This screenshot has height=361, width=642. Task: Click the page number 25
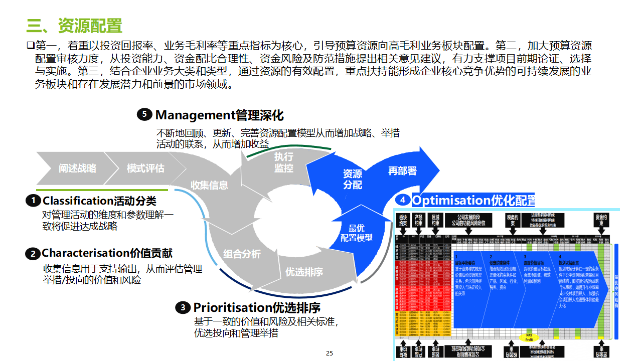329,353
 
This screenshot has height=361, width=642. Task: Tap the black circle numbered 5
144,115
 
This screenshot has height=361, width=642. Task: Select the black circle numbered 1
33,201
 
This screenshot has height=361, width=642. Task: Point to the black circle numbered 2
33,254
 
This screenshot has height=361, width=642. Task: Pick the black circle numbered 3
183,307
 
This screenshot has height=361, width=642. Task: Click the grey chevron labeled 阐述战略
77,168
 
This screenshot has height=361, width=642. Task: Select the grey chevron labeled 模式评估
145,168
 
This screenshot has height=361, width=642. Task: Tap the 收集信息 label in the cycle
209,185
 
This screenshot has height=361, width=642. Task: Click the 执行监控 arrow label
283,162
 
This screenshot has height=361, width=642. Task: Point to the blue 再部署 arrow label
402,171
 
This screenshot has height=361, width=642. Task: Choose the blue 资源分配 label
352,179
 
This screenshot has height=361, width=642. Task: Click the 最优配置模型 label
357,233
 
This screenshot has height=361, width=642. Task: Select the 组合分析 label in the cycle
242,254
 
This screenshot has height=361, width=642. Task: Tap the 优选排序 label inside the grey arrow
304,272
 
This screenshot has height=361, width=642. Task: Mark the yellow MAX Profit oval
529,337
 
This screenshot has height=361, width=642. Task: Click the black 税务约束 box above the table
512,221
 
